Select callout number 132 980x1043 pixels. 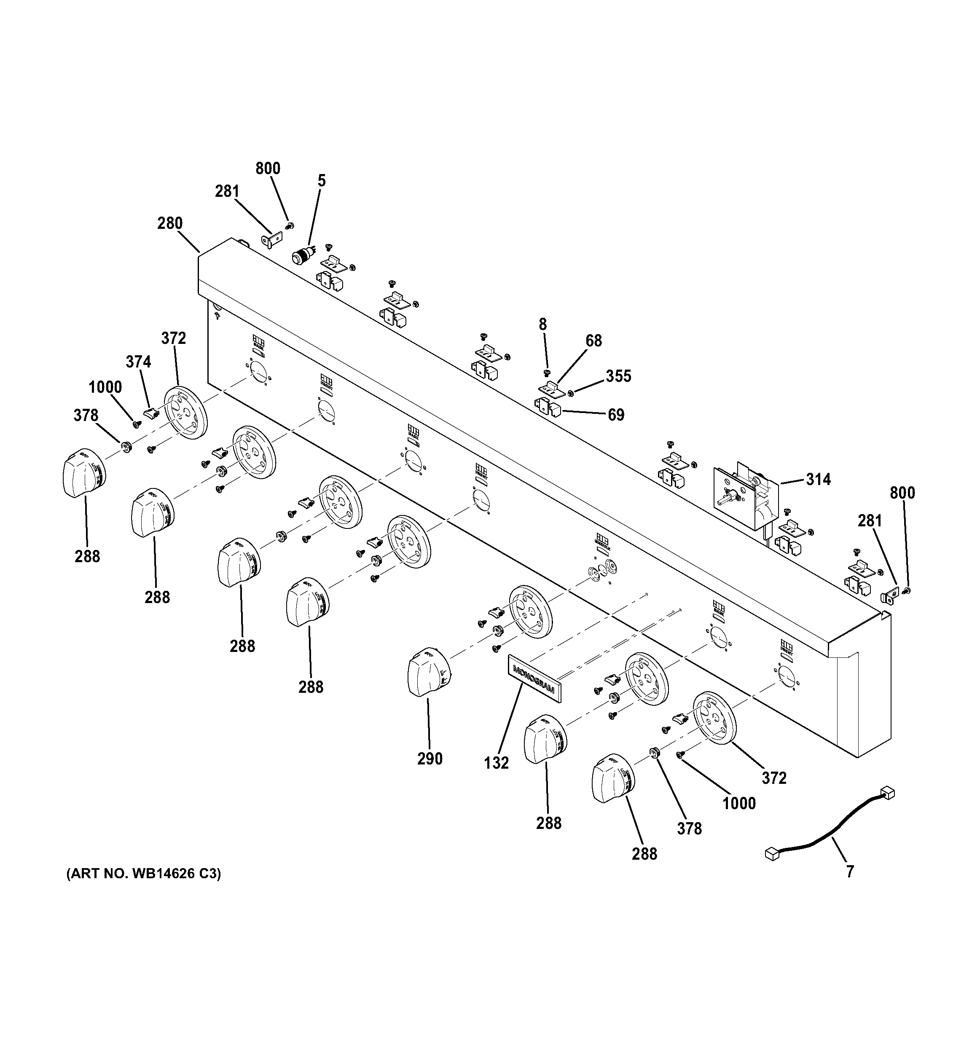coord(496,763)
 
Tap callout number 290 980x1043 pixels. coord(430,759)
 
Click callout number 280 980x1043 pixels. coord(170,223)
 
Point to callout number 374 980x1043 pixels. coord(138,362)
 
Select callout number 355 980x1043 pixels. coord(618,376)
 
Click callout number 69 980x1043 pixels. coord(616,415)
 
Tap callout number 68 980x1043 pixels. coord(593,341)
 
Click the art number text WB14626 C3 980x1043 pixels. coord(143,874)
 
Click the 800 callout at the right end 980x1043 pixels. coord(902,493)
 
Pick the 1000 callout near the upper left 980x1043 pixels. coord(105,387)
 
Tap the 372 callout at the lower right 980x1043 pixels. coord(774,778)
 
